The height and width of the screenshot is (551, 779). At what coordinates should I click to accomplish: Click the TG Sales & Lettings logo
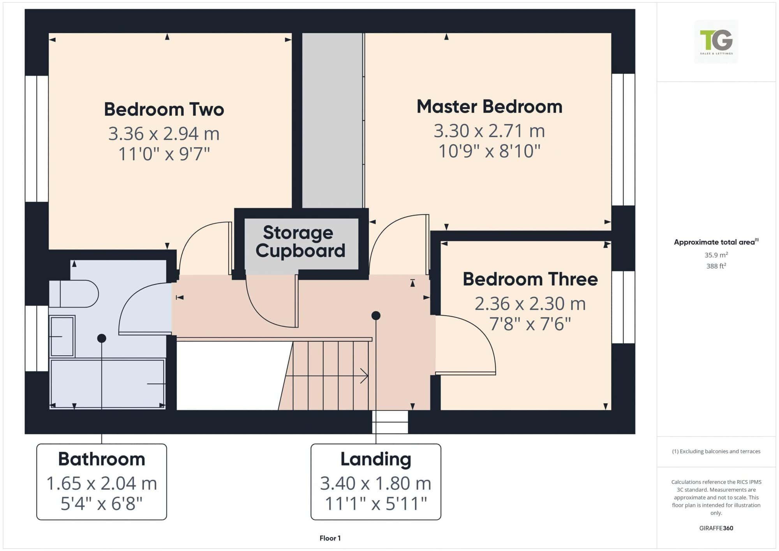[x=716, y=42]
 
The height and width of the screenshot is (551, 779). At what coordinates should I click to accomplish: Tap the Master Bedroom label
[x=490, y=107]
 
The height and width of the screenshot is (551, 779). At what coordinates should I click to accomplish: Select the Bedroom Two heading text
[x=164, y=109]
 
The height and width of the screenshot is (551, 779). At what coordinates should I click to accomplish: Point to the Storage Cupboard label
[x=300, y=242]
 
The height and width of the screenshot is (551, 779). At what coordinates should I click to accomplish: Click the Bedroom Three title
[x=530, y=279]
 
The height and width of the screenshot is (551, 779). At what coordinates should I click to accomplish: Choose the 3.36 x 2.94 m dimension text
[x=164, y=134]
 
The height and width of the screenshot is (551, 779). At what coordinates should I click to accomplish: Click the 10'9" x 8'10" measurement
[x=490, y=151]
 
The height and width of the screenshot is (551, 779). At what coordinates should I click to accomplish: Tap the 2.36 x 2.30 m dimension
[x=530, y=304]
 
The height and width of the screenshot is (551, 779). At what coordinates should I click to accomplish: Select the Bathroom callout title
[x=102, y=459]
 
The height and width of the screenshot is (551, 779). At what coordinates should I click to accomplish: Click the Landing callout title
[x=376, y=459]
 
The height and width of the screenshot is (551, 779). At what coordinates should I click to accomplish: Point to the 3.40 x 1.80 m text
[x=376, y=483]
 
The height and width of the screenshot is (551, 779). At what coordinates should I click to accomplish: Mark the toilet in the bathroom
[x=74, y=294]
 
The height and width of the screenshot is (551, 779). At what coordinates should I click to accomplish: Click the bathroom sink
[x=62, y=336]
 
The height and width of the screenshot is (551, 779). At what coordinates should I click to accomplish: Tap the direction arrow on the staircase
[x=327, y=376]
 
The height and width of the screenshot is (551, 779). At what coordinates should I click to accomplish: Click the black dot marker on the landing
[x=376, y=315]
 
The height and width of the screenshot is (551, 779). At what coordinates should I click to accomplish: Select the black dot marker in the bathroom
[x=102, y=338]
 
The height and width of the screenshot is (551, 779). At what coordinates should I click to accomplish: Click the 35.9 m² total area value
[x=716, y=255]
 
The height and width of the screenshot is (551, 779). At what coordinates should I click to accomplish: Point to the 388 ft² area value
[x=716, y=266]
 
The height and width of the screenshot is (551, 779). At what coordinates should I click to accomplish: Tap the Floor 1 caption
[x=330, y=538]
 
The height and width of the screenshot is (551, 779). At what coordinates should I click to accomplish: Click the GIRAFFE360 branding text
[x=716, y=528]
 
